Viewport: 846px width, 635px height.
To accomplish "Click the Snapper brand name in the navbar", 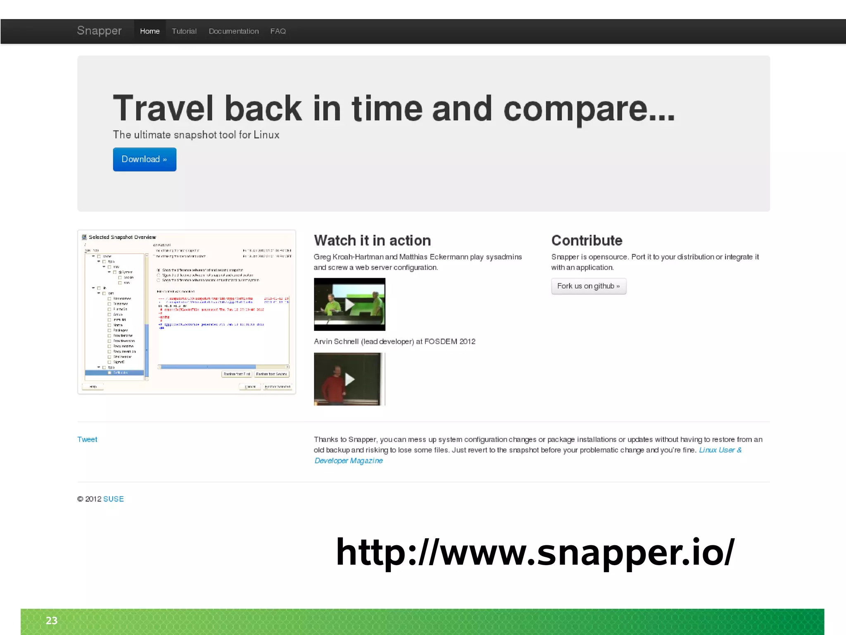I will coord(99,31).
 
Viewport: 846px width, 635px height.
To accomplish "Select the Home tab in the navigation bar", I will coord(150,31).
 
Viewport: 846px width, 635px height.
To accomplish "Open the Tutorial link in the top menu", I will coord(184,31).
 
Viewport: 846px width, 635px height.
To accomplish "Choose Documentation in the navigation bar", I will coord(233,31).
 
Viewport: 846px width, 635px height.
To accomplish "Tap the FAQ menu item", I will coord(278,31).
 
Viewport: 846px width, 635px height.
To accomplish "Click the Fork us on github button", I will coord(588,286).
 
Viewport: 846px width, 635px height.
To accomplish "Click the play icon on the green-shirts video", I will coord(349,305).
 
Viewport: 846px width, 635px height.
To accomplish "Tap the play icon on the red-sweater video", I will coord(349,379).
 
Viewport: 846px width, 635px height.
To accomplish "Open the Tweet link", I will coord(87,439).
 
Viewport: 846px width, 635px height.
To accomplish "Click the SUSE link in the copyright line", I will coord(113,499).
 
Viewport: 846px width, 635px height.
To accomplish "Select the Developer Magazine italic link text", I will coord(348,461).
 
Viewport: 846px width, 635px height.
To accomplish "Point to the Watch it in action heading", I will coord(372,241).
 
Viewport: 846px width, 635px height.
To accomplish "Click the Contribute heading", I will coord(587,241).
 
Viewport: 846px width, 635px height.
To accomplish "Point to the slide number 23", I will coord(52,621).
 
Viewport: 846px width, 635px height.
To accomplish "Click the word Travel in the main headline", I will coord(163,108).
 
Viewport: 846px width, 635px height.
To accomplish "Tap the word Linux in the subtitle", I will coord(266,135).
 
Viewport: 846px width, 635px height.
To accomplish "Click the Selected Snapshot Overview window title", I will coord(122,237).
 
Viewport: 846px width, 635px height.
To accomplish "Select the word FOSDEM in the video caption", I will coord(440,341).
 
